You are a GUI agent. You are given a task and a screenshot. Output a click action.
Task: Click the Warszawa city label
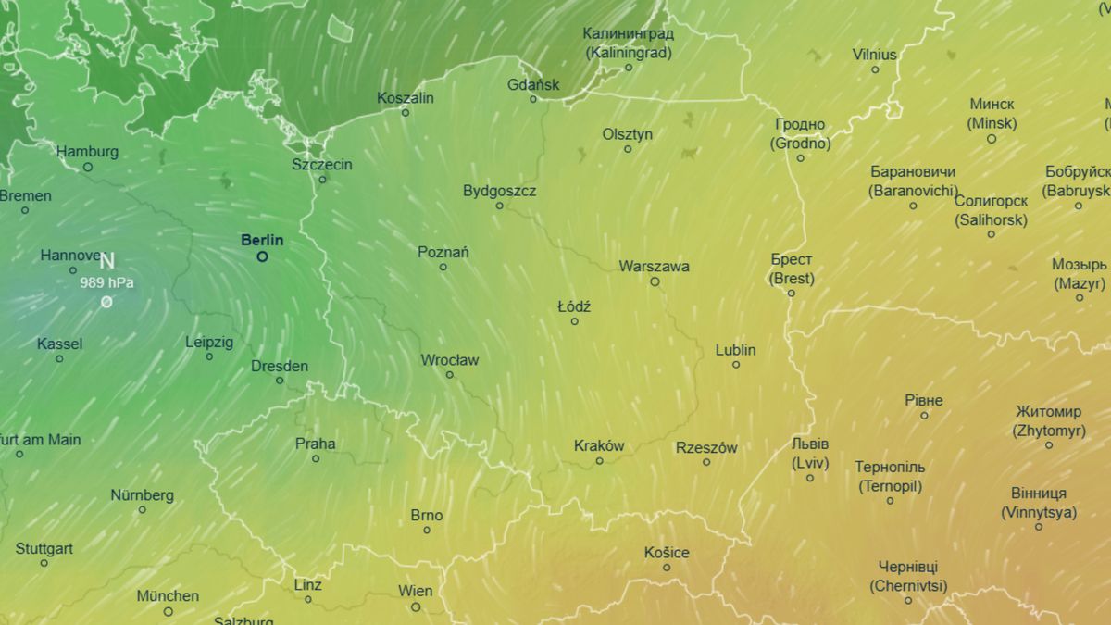click(x=654, y=267)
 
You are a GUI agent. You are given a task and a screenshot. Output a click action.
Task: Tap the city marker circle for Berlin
click(x=263, y=256)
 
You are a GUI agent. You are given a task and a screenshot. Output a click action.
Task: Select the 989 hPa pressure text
click(x=106, y=282)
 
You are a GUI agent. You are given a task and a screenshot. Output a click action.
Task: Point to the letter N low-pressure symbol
click(x=106, y=261)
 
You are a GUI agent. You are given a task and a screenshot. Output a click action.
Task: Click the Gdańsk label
click(x=533, y=85)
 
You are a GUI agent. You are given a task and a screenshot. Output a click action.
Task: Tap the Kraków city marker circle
click(x=599, y=460)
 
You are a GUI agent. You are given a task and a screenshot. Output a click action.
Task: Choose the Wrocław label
click(x=449, y=360)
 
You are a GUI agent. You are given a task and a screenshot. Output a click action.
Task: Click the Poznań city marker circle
click(x=443, y=267)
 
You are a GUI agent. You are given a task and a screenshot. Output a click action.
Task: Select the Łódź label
click(x=574, y=306)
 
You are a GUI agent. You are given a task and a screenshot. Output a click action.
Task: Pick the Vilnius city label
click(x=874, y=55)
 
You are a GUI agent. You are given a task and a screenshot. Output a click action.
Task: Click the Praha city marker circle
click(x=316, y=458)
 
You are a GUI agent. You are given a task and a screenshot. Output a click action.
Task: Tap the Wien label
click(x=415, y=591)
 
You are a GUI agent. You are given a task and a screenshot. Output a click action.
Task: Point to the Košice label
click(x=667, y=553)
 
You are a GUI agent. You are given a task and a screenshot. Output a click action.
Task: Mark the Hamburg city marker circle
click(x=88, y=167)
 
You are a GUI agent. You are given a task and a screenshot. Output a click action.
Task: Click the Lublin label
click(x=735, y=350)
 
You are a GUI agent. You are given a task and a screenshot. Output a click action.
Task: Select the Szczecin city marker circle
click(x=322, y=179)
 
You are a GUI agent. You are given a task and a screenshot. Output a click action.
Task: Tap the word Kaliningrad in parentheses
click(x=628, y=52)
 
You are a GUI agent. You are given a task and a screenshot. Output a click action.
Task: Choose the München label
click(x=168, y=596)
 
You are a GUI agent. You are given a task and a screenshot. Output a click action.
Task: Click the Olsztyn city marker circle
click(x=627, y=148)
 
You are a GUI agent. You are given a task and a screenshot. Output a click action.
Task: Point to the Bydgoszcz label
click(x=499, y=191)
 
